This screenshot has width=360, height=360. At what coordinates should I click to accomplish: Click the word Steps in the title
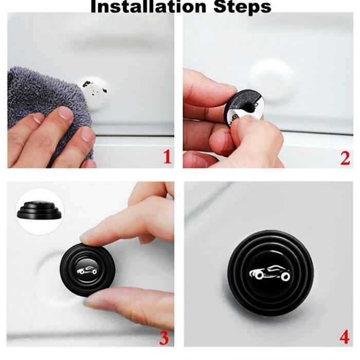coord(242,7)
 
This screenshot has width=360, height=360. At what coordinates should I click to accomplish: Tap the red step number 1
coord(167,157)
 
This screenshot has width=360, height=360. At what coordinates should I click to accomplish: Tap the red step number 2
coord(345,158)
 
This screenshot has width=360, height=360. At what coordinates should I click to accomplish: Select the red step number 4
coord(345,337)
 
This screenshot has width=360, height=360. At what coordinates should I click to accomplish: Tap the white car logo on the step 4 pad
coord(270,273)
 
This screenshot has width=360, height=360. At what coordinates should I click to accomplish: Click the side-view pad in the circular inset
coord(39,210)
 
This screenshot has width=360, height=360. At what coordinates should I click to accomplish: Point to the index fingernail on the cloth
coord(65,114)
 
